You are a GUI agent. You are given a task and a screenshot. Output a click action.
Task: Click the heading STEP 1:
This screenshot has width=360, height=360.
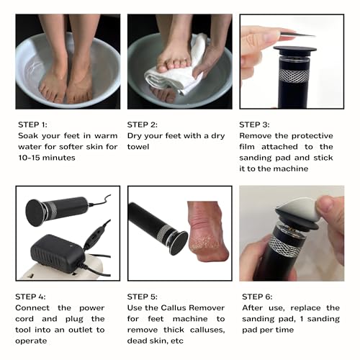pyautogui.click(x=32, y=125)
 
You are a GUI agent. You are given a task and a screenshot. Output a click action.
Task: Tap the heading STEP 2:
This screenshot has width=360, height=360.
pyautogui.click(x=142, y=125)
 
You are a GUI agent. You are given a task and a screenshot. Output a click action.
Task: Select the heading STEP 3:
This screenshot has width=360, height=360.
pyautogui.click(x=254, y=125)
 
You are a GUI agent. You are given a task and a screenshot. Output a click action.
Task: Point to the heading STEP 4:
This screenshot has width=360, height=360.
pyautogui.click(x=30, y=297)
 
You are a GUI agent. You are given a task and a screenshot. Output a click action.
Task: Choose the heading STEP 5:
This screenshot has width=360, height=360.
pyautogui.click(x=142, y=297)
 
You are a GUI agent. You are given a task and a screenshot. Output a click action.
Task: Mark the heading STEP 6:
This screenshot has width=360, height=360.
pyautogui.click(x=257, y=297)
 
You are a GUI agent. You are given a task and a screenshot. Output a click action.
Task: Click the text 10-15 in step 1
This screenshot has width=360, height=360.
pyautogui.click(x=27, y=158)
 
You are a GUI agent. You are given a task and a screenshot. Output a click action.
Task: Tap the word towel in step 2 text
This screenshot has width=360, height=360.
pyautogui.click(x=138, y=147)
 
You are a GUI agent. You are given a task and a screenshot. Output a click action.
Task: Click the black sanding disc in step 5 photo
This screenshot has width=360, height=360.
pyautogui.click(x=179, y=243)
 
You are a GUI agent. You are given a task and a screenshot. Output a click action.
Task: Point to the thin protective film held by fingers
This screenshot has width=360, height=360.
pyautogui.click(x=297, y=35)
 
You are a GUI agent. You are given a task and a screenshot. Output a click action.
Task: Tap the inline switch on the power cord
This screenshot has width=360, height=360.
pyautogui.click(x=93, y=236)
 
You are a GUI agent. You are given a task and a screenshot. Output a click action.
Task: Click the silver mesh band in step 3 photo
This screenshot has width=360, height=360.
pyautogui.click(x=290, y=76)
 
